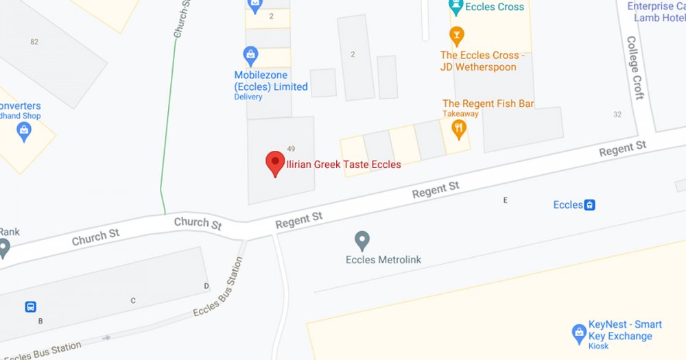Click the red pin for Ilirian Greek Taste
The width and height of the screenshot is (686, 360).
click(275, 163)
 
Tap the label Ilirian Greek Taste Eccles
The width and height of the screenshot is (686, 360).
click(343, 165)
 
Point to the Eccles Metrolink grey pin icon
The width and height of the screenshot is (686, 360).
click(362, 241)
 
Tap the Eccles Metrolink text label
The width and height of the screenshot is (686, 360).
click(383, 260)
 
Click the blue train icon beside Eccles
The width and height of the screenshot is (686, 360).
click(589, 204)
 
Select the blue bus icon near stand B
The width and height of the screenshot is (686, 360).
click(31, 307)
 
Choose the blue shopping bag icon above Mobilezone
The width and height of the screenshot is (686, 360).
click(251, 53)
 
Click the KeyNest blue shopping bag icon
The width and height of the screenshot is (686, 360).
click(579, 333)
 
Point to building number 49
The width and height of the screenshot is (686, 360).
click(291, 149)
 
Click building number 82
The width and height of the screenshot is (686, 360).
click(34, 42)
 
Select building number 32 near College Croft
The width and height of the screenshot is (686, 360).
click(617, 115)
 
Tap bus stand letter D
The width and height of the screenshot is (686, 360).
click(206, 285)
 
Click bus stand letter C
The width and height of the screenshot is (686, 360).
click(133, 301)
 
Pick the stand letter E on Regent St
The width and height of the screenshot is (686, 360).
click(506, 200)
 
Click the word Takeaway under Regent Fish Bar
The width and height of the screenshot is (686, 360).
click(460, 114)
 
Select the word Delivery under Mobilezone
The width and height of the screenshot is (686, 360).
click(248, 97)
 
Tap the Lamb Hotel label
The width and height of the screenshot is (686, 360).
click(659, 18)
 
